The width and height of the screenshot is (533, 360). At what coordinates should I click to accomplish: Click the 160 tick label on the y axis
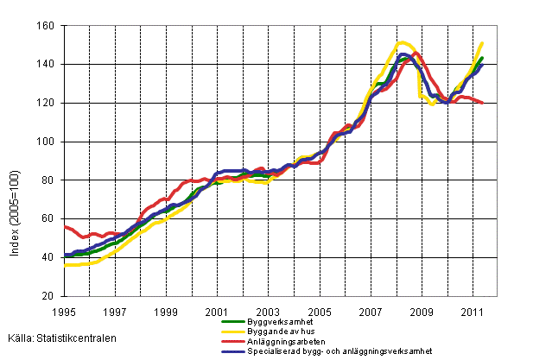tap(48, 26)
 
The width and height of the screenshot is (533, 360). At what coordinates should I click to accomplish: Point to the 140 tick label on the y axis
tap(48, 65)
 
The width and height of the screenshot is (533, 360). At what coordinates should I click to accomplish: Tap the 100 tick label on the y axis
tap(48, 142)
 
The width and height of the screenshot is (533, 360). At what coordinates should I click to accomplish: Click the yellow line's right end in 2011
tap(482, 43)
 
